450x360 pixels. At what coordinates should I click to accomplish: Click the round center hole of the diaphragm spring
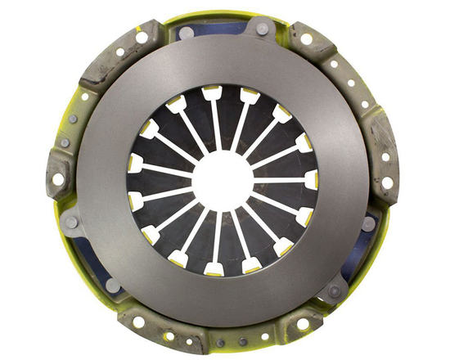click(223, 178)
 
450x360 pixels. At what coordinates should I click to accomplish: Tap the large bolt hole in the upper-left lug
click(142, 38)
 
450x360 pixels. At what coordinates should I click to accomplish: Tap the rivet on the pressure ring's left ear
click(71, 222)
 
